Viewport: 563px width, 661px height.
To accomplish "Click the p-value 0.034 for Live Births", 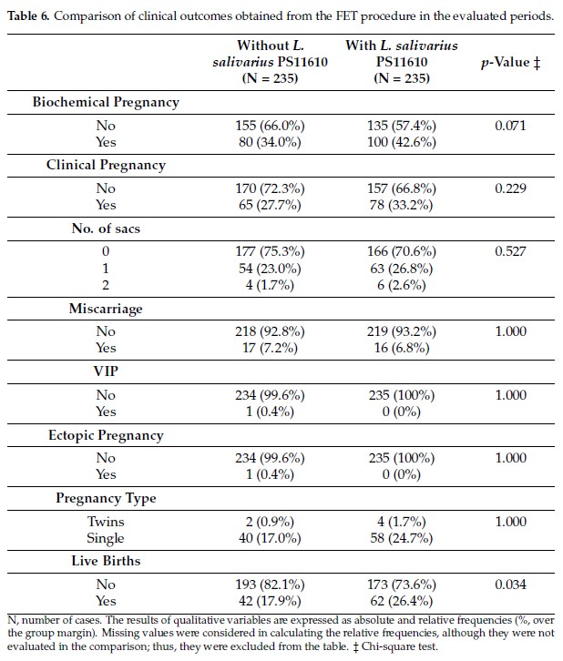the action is (x=510, y=585).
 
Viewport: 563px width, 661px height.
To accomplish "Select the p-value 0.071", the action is (x=510, y=126).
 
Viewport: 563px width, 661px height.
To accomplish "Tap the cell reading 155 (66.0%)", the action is (x=270, y=126).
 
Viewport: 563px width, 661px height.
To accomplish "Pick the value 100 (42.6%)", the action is (x=402, y=142).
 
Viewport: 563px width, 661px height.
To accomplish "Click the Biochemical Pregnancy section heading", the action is (x=106, y=103).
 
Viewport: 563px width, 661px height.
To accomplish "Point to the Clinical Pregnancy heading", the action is (x=106, y=166).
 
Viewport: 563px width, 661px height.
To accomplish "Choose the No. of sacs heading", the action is (x=106, y=229).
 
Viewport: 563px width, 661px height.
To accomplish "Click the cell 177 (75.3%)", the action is (x=270, y=251).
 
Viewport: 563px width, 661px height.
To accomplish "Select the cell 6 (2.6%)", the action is (x=402, y=285).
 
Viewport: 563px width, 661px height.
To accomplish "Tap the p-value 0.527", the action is (x=510, y=251).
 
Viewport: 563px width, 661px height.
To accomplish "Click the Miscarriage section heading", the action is (x=106, y=309).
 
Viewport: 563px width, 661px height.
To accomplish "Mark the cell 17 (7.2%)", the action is (x=270, y=348).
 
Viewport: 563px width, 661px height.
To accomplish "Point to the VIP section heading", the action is (x=106, y=371).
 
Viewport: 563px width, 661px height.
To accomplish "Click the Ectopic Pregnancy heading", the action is (x=106, y=435).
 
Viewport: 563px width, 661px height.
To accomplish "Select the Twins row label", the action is (x=106, y=522).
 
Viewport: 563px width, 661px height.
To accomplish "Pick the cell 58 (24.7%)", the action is (x=402, y=538).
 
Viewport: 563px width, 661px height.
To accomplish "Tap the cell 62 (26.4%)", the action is (x=402, y=601).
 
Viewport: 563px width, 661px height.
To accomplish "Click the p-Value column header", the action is (x=510, y=63).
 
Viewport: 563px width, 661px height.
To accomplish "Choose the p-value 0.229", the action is (x=510, y=188).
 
